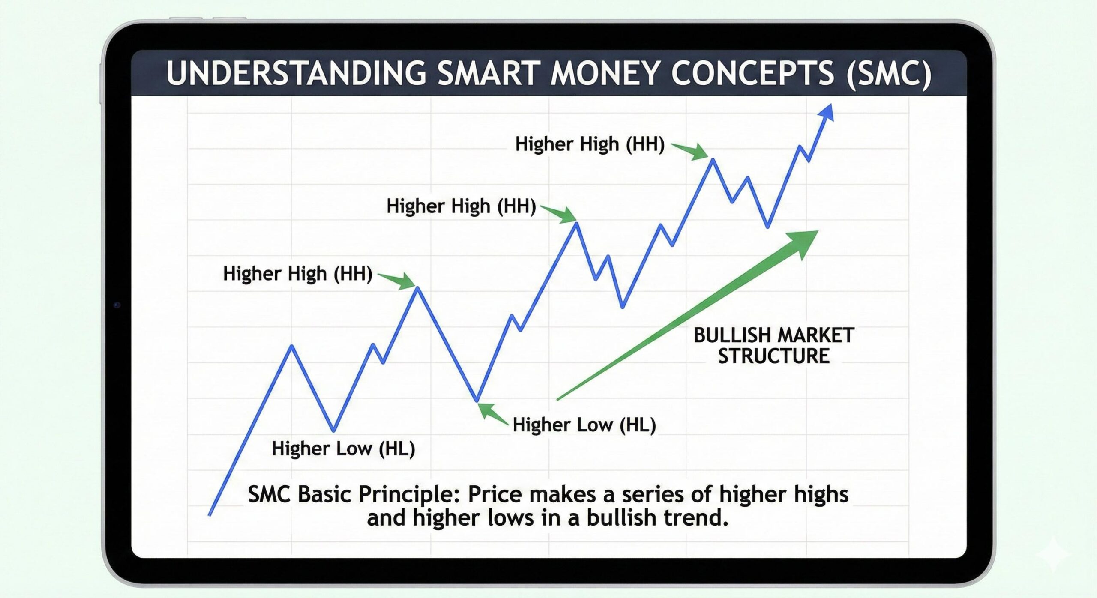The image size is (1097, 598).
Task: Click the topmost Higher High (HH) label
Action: (x=590, y=144)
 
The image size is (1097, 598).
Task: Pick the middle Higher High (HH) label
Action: (x=461, y=206)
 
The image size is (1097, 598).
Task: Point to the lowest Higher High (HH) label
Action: (x=297, y=273)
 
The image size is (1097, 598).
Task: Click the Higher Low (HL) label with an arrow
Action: (x=584, y=425)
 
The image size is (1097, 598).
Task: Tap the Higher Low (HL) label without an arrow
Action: (x=343, y=448)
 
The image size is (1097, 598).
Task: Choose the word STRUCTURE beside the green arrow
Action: (x=773, y=356)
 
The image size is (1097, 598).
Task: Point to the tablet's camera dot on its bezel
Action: (x=117, y=305)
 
